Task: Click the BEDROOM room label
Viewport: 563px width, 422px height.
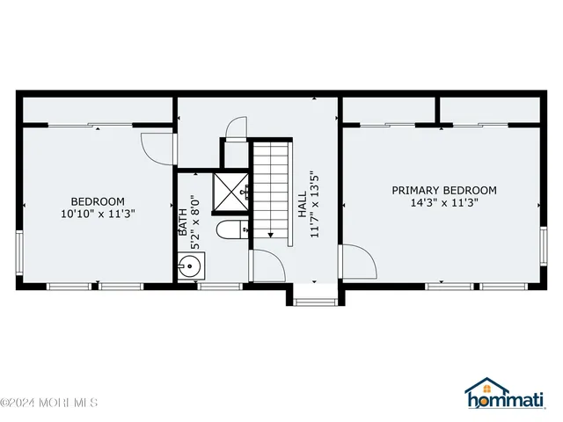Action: (98, 200)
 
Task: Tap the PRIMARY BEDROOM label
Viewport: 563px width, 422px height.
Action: (444, 190)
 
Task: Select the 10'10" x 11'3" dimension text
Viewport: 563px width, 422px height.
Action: (98, 214)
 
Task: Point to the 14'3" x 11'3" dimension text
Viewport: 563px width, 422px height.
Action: (444, 203)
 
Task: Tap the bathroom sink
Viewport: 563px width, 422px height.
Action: (191, 266)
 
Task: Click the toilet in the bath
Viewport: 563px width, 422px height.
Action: (231, 233)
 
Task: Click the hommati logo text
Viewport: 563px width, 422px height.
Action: (514, 404)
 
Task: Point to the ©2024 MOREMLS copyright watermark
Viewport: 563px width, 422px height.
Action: (49, 403)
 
